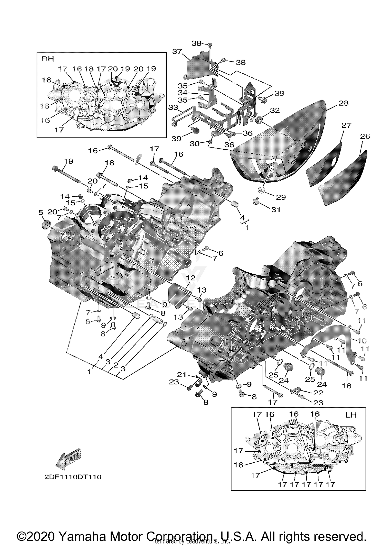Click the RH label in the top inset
(48, 59)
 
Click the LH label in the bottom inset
(351, 415)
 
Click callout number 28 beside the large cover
(343, 103)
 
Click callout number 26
(365, 136)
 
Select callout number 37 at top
(177, 51)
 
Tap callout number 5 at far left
(41, 212)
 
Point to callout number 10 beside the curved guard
(362, 340)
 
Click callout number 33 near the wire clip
(173, 107)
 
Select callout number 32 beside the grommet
(274, 110)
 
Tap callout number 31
(276, 209)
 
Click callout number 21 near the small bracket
(182, 375)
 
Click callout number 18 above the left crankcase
(110, 163)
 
